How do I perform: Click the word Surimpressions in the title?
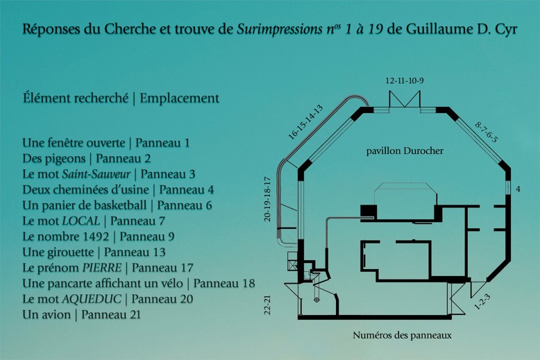click(279, 30)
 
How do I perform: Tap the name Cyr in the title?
click(505, 30)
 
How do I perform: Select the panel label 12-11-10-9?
click(405, 81)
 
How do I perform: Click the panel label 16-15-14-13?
click(306, 122)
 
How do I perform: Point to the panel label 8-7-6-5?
click(487, 132)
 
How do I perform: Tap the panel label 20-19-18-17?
click(268, 199)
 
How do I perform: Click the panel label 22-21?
click(268, 305)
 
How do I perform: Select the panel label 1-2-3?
click(482, 302)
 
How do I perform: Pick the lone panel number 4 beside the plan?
click(518, 189)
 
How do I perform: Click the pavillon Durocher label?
click(405, 151)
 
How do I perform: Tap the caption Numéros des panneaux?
click(402, 335)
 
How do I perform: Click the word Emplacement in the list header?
click(179, 98)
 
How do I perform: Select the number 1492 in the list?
click(96, 237)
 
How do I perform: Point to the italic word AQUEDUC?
click(92, 299)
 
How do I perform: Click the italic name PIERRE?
click(102, 268)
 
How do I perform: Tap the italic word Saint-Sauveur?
click(96, 174)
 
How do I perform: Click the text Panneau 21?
click(111, 315)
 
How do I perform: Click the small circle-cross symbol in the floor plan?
click(317, 300)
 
